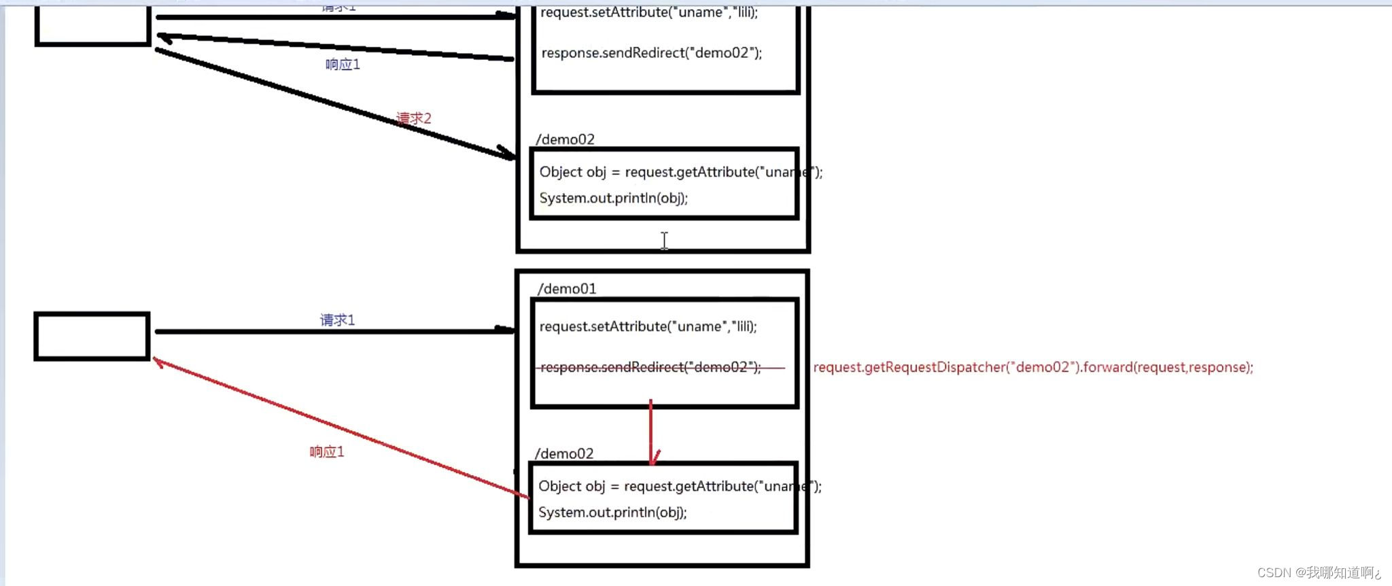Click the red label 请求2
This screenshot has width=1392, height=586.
414,118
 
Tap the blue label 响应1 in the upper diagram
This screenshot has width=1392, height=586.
343,65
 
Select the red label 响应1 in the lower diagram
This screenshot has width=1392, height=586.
327,452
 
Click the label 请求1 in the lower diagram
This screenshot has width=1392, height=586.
338,320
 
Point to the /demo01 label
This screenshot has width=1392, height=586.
567,289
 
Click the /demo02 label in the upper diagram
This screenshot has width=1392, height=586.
565,139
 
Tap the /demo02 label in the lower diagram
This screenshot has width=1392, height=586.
564,453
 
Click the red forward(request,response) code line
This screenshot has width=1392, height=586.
1032,367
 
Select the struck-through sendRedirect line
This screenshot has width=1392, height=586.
650,367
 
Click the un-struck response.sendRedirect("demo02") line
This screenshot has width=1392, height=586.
651,53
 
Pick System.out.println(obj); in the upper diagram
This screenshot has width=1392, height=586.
613,198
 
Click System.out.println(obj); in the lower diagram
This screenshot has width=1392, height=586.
612,512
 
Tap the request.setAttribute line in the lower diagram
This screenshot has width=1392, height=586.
648,326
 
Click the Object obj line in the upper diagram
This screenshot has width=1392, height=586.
680,172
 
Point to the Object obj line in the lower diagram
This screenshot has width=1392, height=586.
679,486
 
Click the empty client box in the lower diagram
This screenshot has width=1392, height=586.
92,336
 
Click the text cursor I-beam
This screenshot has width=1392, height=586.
664,241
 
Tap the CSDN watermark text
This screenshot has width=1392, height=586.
1319,572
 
